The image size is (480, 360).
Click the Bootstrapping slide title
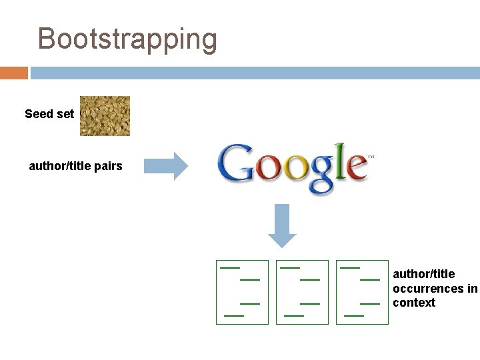[127, 39]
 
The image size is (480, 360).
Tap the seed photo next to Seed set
[105, 115]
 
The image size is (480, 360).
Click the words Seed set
[49, 114]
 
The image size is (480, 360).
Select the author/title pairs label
[75, 166]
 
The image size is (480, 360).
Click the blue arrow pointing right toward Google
[167, 166]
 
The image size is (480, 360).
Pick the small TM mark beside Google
[371, 158]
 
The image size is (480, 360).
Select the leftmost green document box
[242, 292]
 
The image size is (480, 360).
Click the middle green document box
[302, 292]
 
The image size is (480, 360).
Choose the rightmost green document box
[362, 292]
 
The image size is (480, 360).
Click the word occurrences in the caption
[428, 289]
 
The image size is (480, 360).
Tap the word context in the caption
[414, 303]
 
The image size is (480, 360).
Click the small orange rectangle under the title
[14, 73]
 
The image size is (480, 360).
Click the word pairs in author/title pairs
[108, 166]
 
